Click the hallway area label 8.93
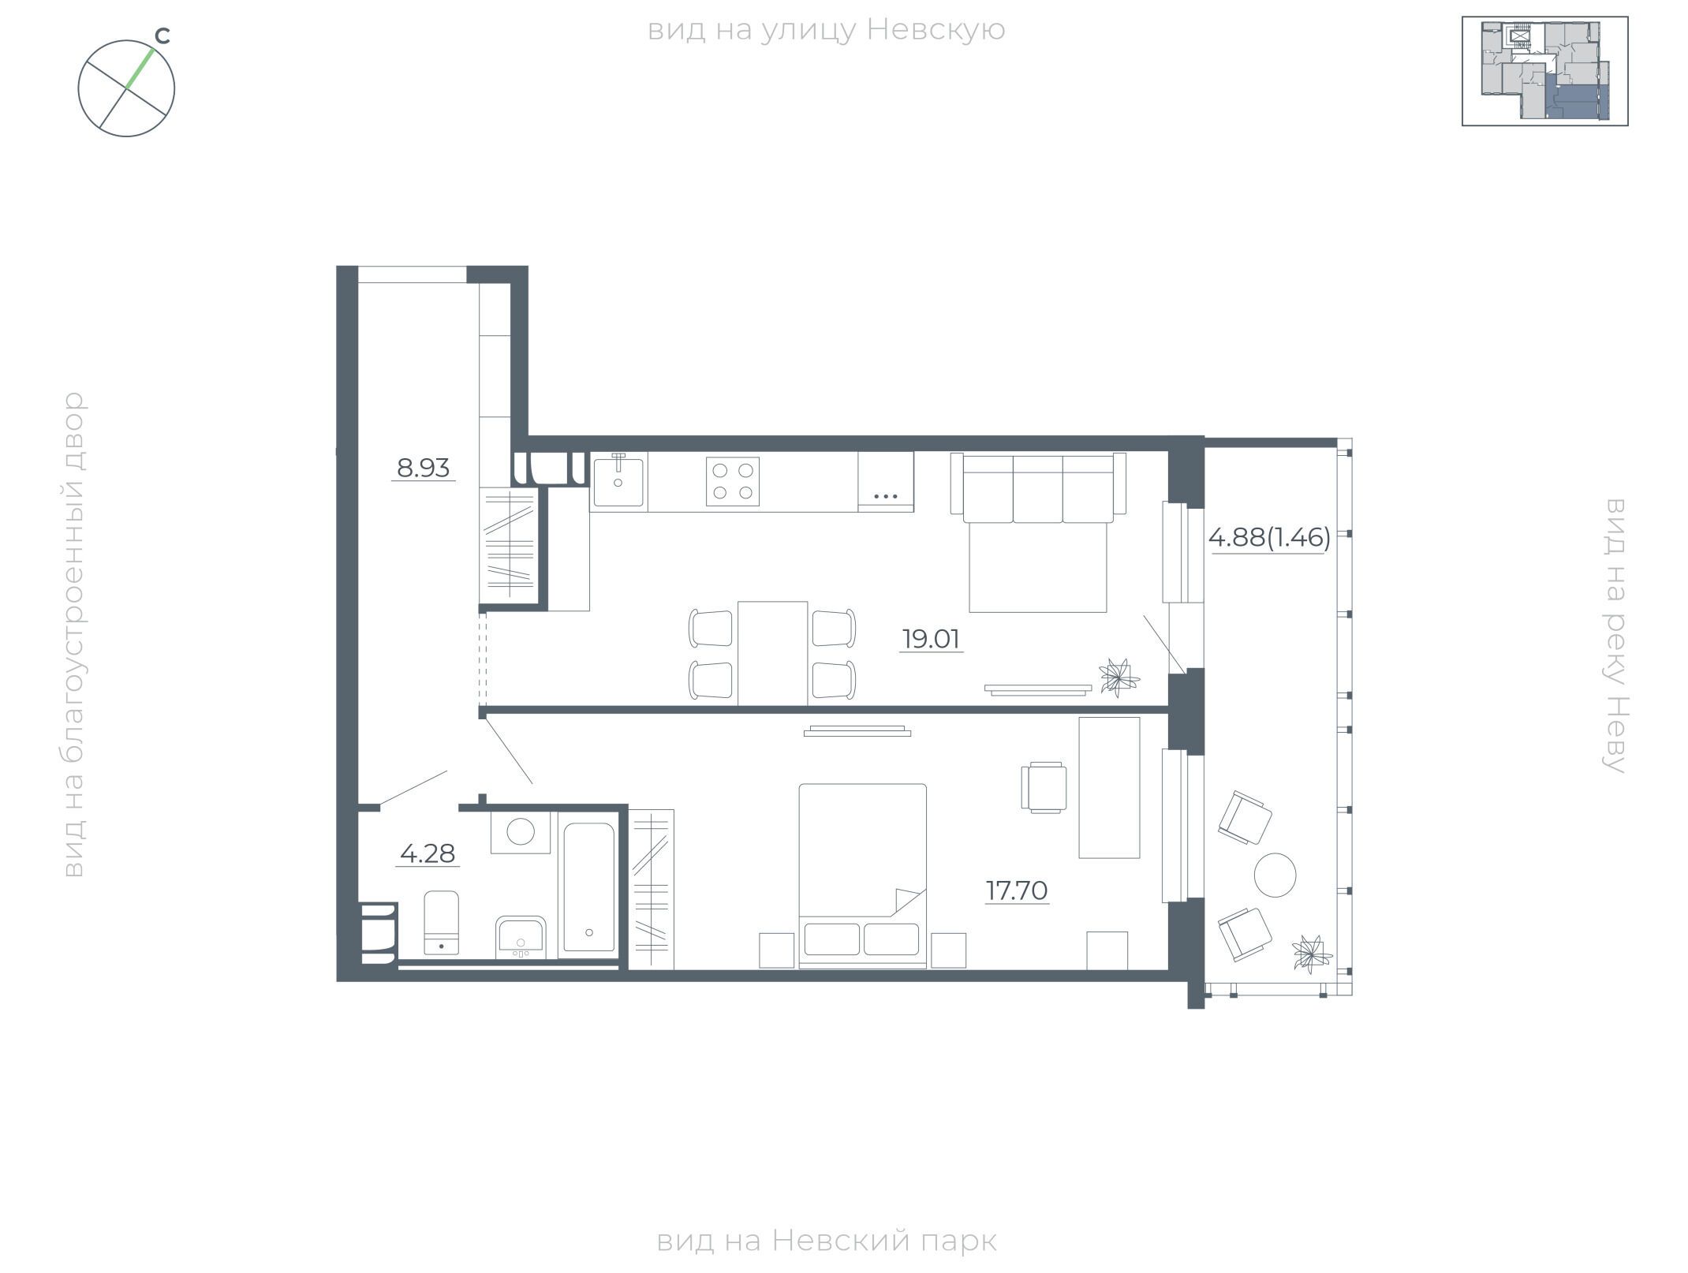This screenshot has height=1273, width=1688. click(424, 469)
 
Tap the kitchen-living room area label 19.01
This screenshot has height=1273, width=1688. click(932, 639)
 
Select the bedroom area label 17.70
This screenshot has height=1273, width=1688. click(1017, 890)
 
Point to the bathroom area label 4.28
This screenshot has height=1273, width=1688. click(428, 853)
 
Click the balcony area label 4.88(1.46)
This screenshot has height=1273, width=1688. click(1269, 538)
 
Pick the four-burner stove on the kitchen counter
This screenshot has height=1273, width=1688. click(732, 481)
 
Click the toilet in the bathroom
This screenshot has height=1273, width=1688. click(442, 923)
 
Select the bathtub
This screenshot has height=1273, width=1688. click(588, 887)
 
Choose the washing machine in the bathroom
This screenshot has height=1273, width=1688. click(520, 831)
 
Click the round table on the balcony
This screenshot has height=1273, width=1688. click(1275, 875)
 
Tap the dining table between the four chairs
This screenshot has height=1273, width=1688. click(772, 653)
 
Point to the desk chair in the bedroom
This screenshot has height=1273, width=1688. click(1044, 787)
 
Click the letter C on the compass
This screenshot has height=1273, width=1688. click(162, 36)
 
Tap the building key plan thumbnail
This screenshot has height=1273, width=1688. click(1544, 71)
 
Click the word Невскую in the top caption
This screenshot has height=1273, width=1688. click(935, 30)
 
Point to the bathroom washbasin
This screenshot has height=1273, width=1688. click(520, 937)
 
